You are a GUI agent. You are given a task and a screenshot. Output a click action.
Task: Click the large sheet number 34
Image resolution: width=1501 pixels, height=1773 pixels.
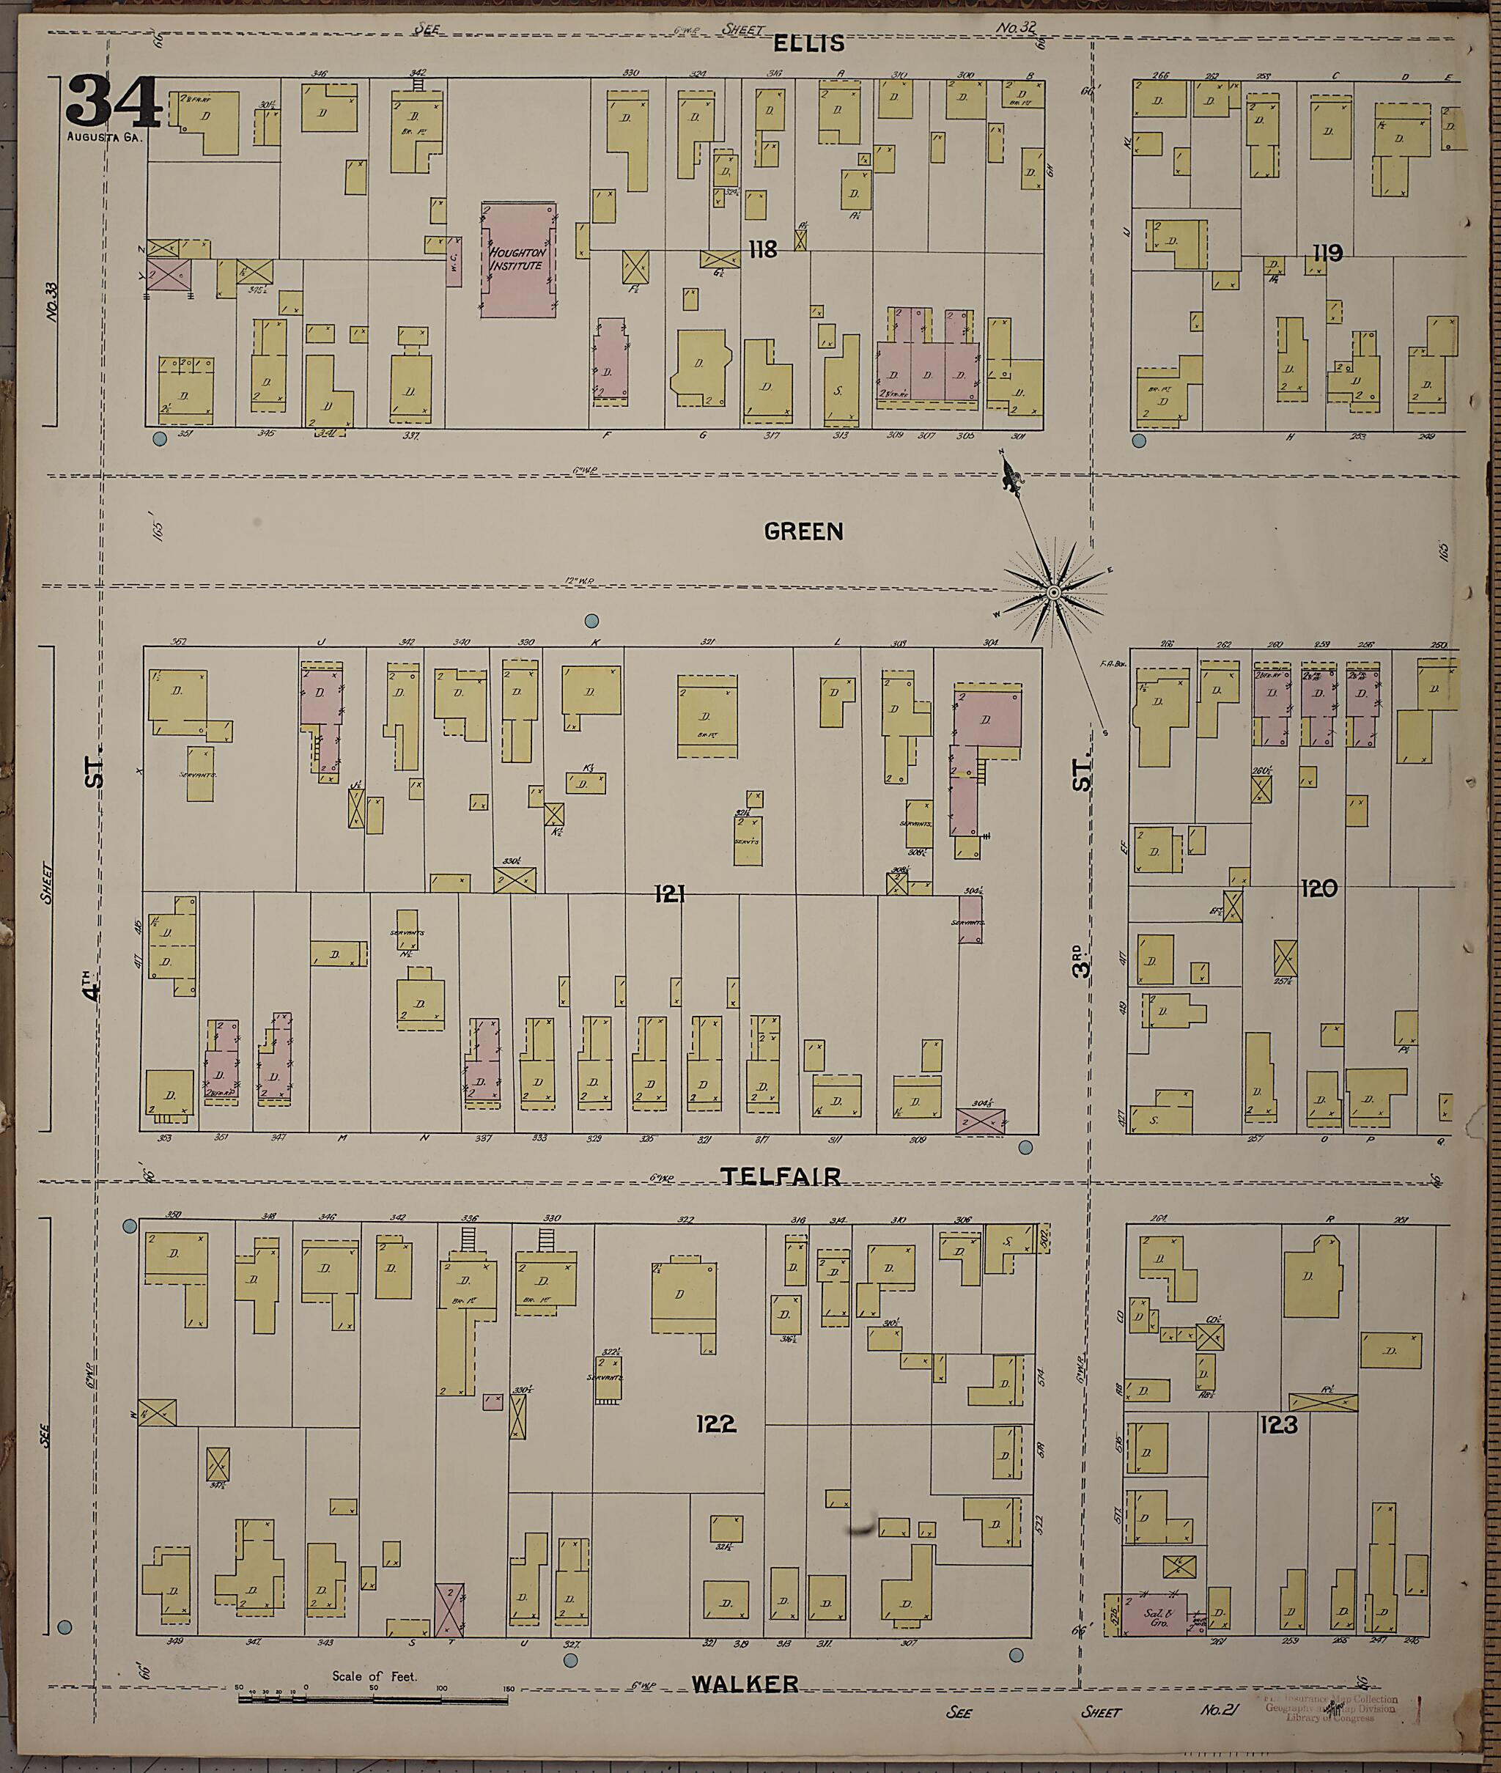click(113, 101)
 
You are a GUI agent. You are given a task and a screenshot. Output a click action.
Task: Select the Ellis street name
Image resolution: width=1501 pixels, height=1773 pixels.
click(808, 43)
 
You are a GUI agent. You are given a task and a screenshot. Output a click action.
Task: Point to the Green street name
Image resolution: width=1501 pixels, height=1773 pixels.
click(803, 531)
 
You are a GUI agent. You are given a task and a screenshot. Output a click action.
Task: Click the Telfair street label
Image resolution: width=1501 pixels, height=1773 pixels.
click(781, 1176)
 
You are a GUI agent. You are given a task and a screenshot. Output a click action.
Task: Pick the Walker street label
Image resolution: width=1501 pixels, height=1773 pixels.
click(745, 1684)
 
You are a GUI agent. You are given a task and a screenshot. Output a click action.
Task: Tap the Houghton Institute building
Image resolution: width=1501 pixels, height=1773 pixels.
click(517, 260)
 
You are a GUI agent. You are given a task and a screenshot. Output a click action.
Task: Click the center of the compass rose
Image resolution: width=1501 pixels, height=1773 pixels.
click(1052, 591)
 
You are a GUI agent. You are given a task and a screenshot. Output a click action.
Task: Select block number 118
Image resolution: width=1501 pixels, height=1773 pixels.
click(762, 249)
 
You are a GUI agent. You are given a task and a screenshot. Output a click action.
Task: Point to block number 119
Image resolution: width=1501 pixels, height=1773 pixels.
click(1327, 253)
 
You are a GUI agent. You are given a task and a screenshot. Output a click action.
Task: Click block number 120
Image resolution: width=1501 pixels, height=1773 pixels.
click(1319, 889)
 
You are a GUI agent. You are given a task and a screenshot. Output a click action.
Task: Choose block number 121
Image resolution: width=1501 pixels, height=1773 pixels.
click(670, 893)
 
